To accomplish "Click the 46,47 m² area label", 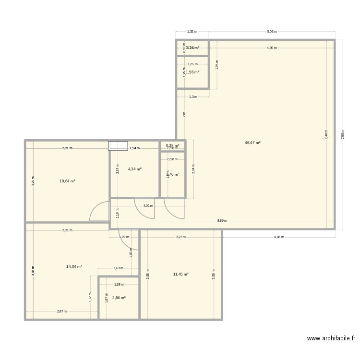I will click(x=252, y=143).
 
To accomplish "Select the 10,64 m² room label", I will click(x=67, y=181).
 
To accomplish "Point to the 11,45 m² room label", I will click(x=180, y=274).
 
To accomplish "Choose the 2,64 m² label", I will click(x=119, y=298).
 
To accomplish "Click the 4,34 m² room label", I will click(x=134, y=169).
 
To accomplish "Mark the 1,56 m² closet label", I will click(x=192, y=72).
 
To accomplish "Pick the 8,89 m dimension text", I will click(x=222, y=221).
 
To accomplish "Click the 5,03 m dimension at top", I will click(x=272, y=32).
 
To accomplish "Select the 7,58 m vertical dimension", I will click(x=342, y=133).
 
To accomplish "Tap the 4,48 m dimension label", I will click(x=279, y=237).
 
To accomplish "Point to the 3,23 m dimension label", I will click(x=180, y=237).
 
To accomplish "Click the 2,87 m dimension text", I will click(x=61, y=311).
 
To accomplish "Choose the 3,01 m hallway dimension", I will click(x=148, y=206).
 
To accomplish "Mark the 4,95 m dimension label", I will click(x=272, y=48).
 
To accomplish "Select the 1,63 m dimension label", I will click(x=118, y=268).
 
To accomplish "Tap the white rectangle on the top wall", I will click(x=118, y=146).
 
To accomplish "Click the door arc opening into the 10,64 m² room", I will click(x=99, y=212).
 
